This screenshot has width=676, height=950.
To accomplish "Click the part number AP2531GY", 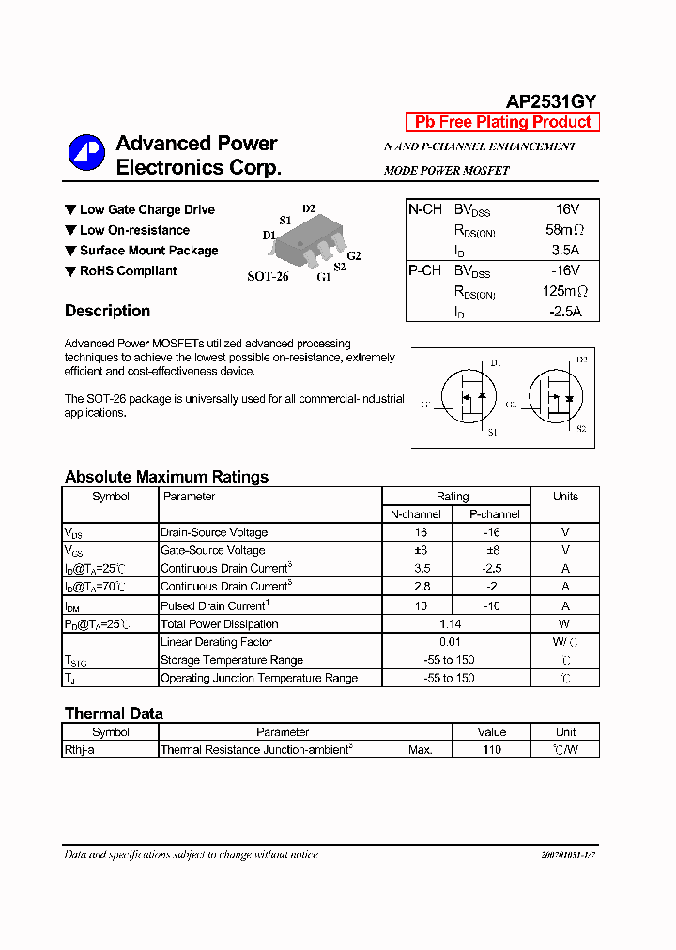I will pyautogui.click(x=551, y=102).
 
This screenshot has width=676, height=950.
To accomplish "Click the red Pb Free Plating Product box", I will pyautogui.click(x=502, y=122).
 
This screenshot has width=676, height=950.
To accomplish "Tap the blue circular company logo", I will pyautogui.click(x=86, y=154).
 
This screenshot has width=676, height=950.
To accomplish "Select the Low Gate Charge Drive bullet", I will pyautogui.click(x=146, y=209).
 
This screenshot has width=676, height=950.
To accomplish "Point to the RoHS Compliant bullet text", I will pyautogui.click(x=128, y=271).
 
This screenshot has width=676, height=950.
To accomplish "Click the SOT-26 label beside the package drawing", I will pyautogui.click(x=268, y=277).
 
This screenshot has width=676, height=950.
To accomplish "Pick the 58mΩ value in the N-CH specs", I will pyautogui.click(x=563, y=230).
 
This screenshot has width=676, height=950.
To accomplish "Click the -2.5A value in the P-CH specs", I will pyautogui.click(x=565, y=312).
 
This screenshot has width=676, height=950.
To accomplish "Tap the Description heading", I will pyautogui.click(x=107, y=311).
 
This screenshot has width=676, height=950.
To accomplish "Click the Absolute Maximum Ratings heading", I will pyautogui.click(x=166, y=477).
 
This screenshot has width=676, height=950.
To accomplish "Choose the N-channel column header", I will pyautogui.click(x=416, y=514).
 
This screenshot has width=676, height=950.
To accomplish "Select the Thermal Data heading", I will pyautogui.click(x=114, y=713).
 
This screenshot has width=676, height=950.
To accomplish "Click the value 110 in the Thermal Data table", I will pyautogui.click(x=491, y=750).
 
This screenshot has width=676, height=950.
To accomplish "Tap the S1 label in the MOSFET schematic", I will pyautogui.click(x=492, y=432).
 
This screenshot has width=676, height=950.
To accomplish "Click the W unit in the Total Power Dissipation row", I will pyautogui.click(x=565, y=624).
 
